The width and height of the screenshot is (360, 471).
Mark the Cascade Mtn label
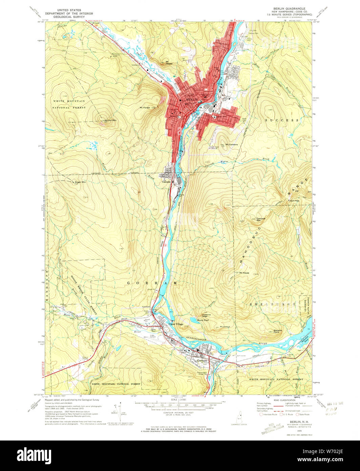pyautogui.click(x=260, y=219)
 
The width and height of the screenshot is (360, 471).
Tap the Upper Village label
pyautogui.click(x=176, y=324)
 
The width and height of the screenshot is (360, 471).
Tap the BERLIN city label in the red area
pyautogui.click(x=191, y=100)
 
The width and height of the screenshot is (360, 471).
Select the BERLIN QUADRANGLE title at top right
pyautogui.click(x=289, y=8)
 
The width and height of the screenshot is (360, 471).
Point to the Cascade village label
pyautogui.click(x=166, y=182)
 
